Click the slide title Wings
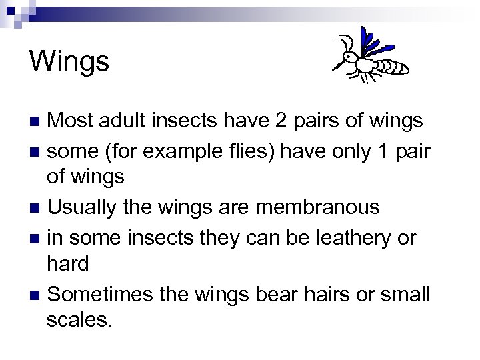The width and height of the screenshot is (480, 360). coord(69,61)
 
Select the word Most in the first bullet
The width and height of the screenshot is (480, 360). coord(71,121)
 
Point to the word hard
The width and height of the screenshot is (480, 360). coord(69,264)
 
